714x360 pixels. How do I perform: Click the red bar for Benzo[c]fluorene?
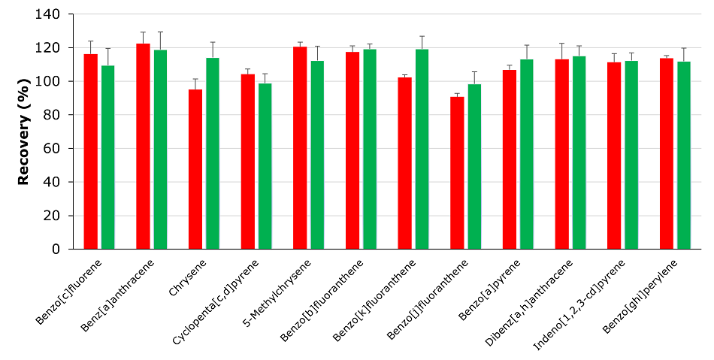pyautogui.click(x=90, y=151)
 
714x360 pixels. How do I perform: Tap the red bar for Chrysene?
pyautogui.click(x=195, y=169)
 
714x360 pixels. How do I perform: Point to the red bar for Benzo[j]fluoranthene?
pyautogui.click(x=457, y=173)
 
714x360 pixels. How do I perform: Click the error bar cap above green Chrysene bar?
pyautogui.click(x=213, y=42)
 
